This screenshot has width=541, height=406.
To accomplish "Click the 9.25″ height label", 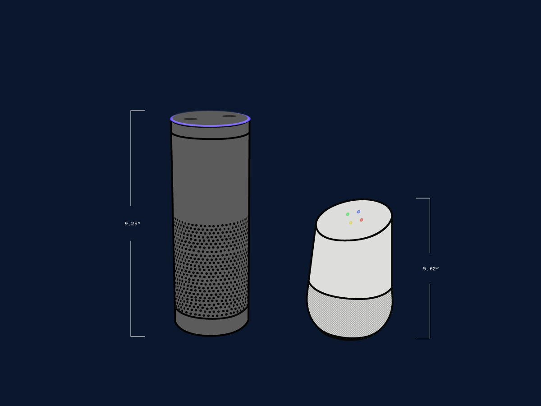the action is (x=133, y=224).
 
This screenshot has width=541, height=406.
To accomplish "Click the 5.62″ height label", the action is (x=431, y=269).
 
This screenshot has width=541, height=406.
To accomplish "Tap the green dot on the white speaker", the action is (x=348, y=214).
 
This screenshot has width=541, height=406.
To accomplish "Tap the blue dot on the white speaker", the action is (x=358, y=212).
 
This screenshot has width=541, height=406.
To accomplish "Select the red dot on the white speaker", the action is (x=361, y=220).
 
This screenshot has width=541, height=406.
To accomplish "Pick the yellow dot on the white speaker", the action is (x=351, y=223).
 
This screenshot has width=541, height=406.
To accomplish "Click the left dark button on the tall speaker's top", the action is (x=191, y=119).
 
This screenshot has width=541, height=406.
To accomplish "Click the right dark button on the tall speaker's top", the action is (x=229, y=116).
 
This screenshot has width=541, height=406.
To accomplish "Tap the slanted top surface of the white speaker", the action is (x=354, y=220).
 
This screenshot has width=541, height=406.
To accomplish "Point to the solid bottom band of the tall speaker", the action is (x=211, y=326).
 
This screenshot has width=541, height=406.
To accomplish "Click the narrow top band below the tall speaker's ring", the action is (x=210, y=132).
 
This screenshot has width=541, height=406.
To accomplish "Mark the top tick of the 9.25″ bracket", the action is (x=138, y=111).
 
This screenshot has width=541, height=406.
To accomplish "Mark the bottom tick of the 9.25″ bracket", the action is (x=138, y=336).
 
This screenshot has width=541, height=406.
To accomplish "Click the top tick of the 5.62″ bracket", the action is (x=423, y=198).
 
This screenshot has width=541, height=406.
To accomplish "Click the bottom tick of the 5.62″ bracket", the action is (x=423, y=339).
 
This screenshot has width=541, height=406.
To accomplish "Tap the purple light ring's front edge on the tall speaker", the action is (x=210, y=126).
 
